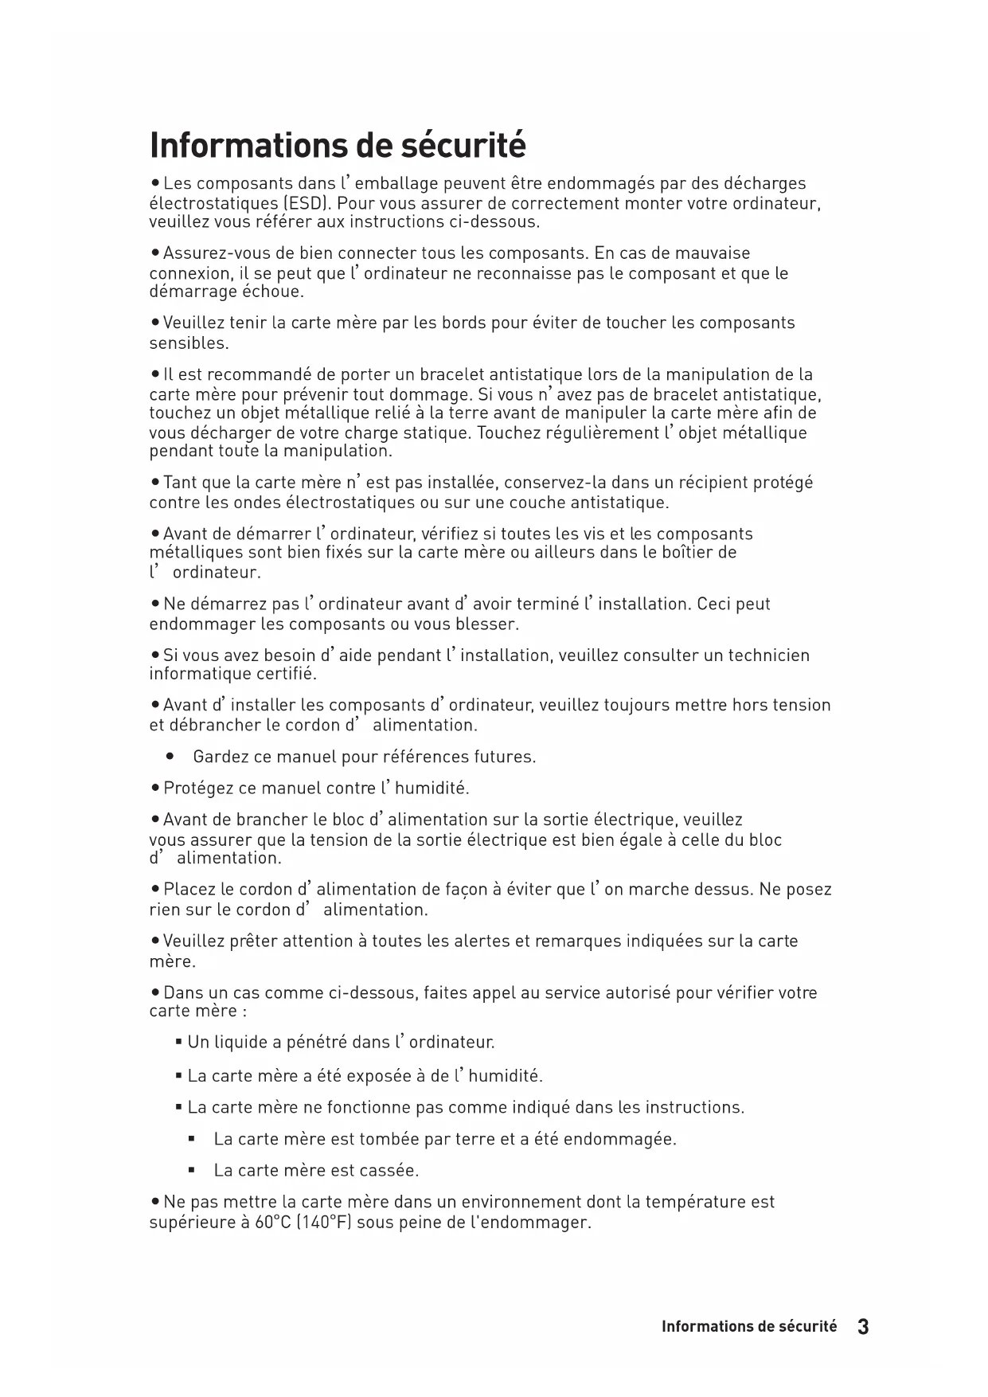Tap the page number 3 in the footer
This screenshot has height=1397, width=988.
coord(863,1327)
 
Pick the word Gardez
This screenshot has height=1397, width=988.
coord(221,757)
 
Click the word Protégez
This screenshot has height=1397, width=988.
coord(199,789)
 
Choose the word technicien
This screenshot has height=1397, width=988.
coord(769,655)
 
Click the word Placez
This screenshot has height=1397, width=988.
coord(189,890)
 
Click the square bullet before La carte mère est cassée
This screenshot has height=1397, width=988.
coord(192,1171)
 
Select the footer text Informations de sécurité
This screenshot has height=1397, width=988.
coord(749,1327)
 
